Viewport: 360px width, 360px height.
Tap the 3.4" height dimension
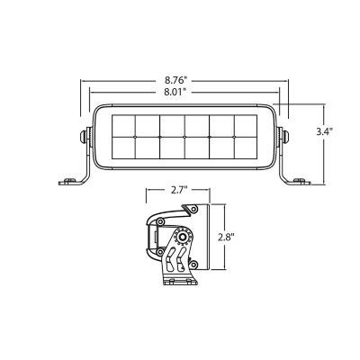point(325,131)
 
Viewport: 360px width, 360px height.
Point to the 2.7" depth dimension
point(178,191)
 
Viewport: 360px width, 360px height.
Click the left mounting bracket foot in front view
point(69,182)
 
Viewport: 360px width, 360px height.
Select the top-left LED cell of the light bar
point(121,124)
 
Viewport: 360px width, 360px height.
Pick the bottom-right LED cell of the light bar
point(245,148)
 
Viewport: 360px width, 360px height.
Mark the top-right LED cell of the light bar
point(245,124)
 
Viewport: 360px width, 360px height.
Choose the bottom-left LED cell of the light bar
point(121,148)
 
